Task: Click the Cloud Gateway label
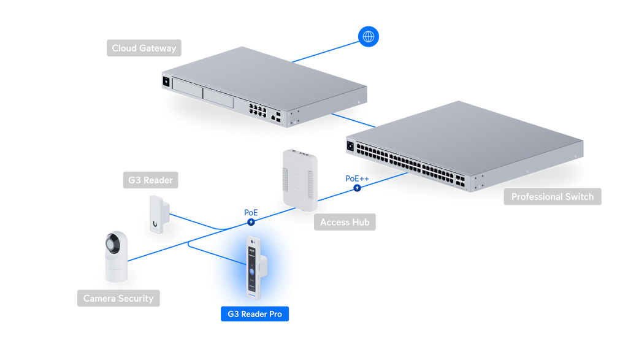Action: coord(144,48)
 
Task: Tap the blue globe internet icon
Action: coord(369,36)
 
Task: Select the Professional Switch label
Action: coord(553,197)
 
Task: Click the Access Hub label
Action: coord(345,222)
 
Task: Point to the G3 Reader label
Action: coord(150,180)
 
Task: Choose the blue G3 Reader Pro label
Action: coord(255,314)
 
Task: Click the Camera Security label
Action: coord(118,298)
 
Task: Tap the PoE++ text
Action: coord(357,178)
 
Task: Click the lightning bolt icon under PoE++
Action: coord(357,188)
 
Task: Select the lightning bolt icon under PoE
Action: coord(251,222)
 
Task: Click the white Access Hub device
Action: coord(300,180)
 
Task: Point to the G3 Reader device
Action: coord(159,214)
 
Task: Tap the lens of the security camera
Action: coord(113,243)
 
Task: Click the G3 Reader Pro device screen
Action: coord(252,268)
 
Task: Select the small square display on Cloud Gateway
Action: coord(166,82)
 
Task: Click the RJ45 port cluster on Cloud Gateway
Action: coord(258,110)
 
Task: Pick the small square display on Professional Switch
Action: coord(350,146)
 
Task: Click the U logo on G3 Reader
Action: coord(155,224)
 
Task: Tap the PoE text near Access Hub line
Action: coord(251,213)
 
